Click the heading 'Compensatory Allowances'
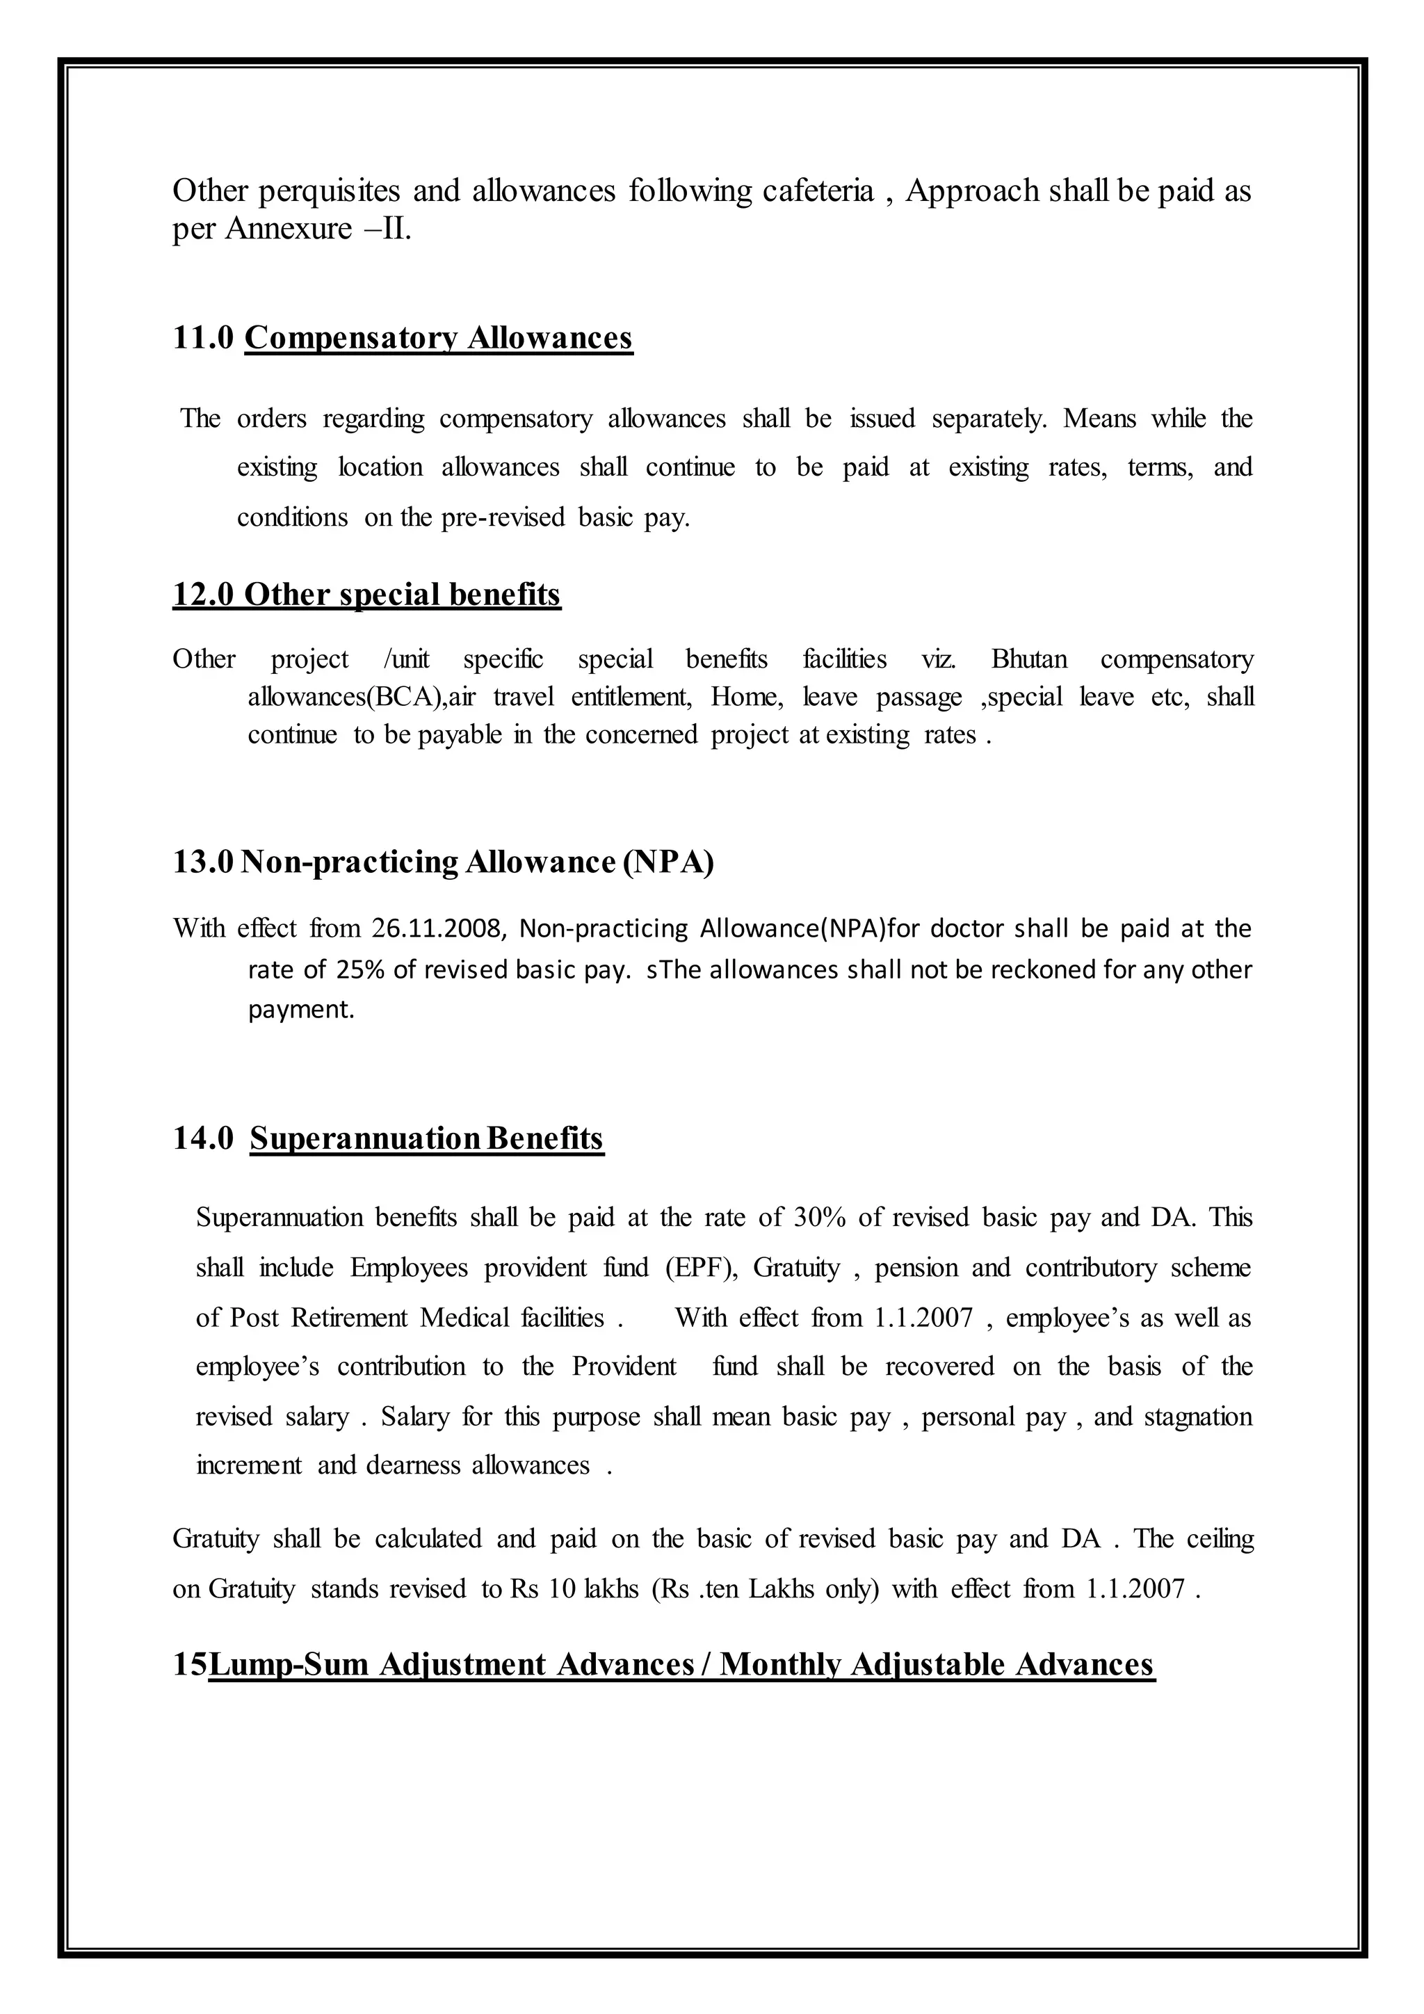tap(439, 338)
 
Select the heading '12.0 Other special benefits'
tap(366, 595)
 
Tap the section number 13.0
tap(202, 862)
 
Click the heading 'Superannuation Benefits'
tap(427, 1138)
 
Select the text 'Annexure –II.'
tap(318, 229)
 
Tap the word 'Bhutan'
tap(1028, 659)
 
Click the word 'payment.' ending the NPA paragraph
tap(301, 1010)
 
